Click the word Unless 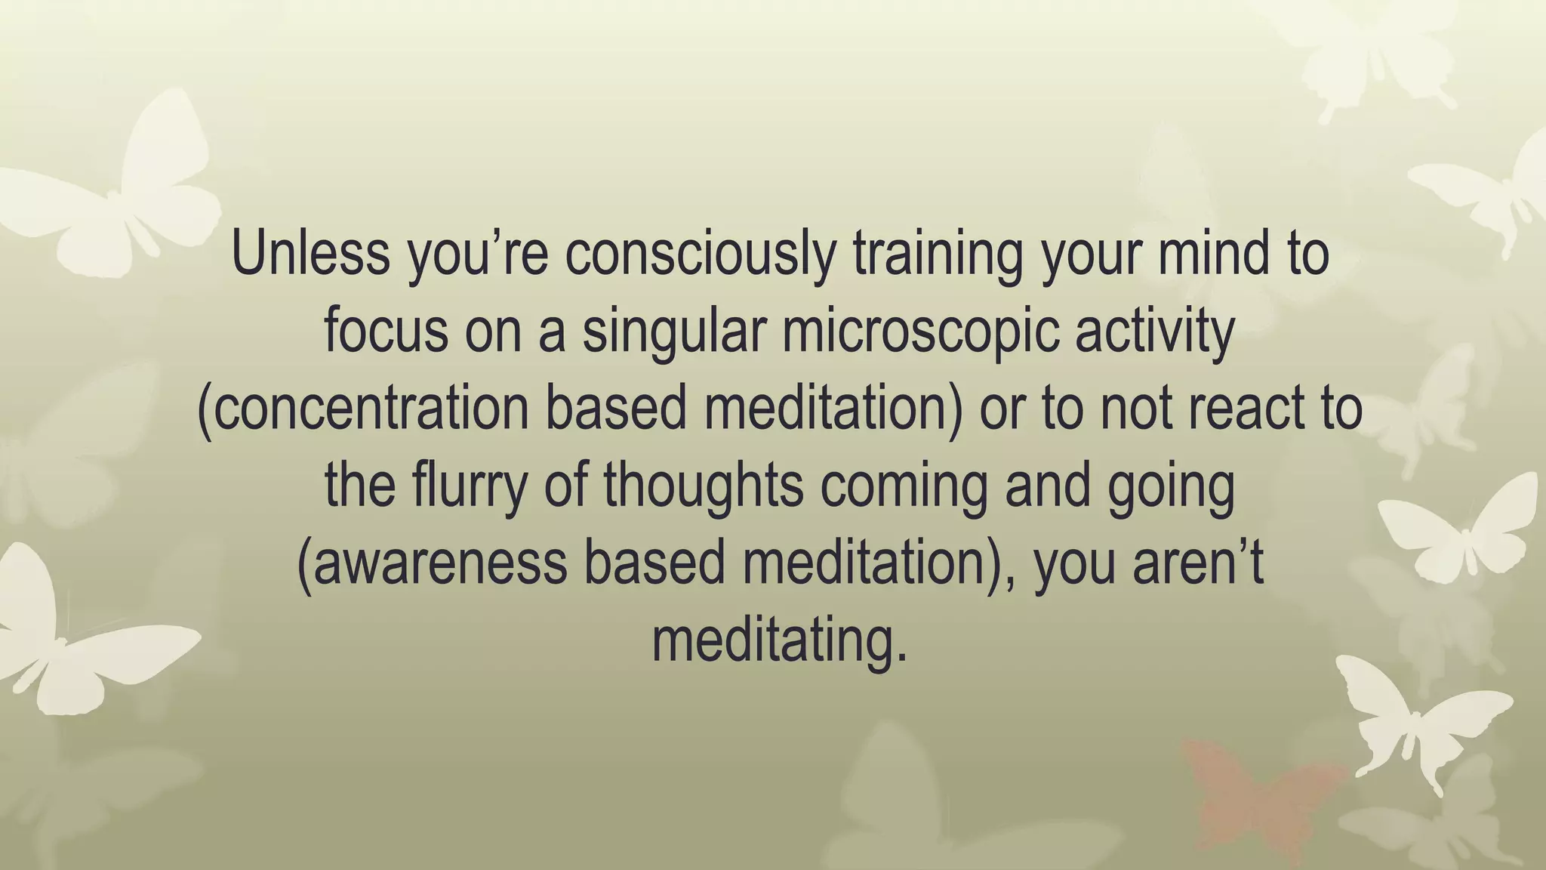pyautogui.click(x=310, y=254)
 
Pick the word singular pyautogui.click(x=674, y=332)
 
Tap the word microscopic pyautogui.click(x=919, y=332)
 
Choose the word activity pyautogui.click(x=1154, y=332)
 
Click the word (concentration pyautogui.click(x=362, y=409)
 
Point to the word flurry pyautogui.click(x=469, y=487)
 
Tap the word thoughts pyautogui.click(x=703, y=487)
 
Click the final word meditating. pyautogui.click(x=779, y=642)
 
